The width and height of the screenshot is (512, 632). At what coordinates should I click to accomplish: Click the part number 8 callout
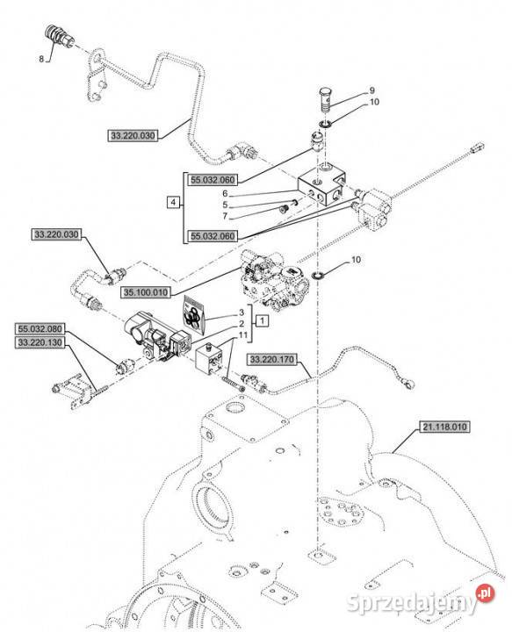(x=41, y=59)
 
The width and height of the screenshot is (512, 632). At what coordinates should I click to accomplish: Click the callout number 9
(x=371, y=90)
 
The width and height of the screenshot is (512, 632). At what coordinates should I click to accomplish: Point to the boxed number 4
(x=173, y=202)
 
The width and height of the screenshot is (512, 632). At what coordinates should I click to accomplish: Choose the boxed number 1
(x=262, y=321)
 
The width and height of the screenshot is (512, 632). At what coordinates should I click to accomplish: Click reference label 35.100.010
(x=146, y=292)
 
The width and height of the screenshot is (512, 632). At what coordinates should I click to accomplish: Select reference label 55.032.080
(x=40, y=329)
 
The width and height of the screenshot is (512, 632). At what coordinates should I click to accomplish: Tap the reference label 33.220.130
(x=40, y=342)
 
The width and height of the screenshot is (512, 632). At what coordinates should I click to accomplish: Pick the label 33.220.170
(x=272, y=359)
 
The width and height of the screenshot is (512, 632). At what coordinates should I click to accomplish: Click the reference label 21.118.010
(x=444, y=427)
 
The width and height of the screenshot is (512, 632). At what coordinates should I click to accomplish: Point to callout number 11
(x=242, y=335)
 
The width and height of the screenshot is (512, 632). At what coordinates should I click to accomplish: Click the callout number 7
(x=225, y=217)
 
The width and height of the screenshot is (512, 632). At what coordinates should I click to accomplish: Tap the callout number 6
(x=225, y=193)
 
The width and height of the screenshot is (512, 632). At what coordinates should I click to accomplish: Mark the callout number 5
(x=225, y=205)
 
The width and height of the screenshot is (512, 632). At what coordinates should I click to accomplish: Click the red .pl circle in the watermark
(x=485, y=593)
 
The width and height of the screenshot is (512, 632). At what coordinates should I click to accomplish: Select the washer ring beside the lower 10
(x=320, y=276)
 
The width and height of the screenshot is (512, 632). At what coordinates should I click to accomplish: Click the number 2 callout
(x=242, y=324)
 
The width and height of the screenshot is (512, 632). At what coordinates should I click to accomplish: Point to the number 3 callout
(x=242, y=312)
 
